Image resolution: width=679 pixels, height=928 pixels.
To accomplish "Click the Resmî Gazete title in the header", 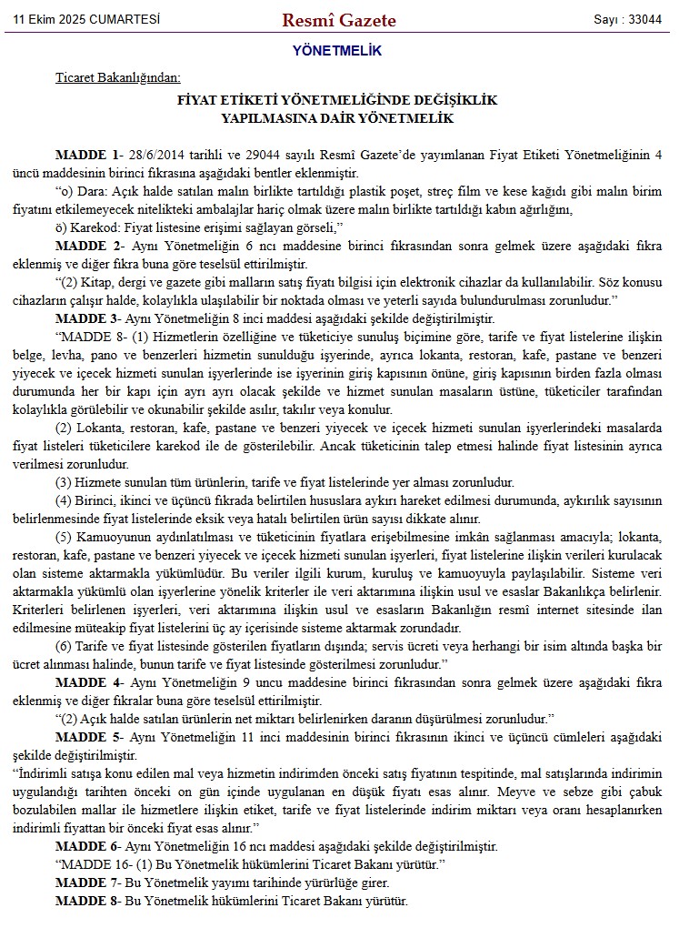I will tap(338, 19).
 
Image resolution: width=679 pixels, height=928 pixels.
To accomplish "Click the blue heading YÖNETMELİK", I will tap(337, 51).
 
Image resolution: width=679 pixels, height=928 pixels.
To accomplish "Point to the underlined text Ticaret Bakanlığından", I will tap(117, 78).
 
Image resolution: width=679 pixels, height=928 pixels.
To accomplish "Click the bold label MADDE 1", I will tap(88, 155).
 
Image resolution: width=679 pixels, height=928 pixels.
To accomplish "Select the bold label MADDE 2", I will tap(88, 247).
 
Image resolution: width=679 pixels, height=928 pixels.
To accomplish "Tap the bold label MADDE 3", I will tap(88, 319).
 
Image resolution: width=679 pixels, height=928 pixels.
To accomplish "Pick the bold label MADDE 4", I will tap(88, 681).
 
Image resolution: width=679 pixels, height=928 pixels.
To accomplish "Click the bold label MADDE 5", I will tap(88, 736).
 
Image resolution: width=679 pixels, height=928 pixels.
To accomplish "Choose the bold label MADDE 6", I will tap(88, 846).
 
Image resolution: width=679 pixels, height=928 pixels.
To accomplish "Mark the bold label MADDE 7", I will tap(88, 883).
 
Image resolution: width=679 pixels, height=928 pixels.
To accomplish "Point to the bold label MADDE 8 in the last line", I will tap(88, 901).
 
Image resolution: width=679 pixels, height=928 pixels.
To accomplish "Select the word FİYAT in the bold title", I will tap(198, 100).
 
